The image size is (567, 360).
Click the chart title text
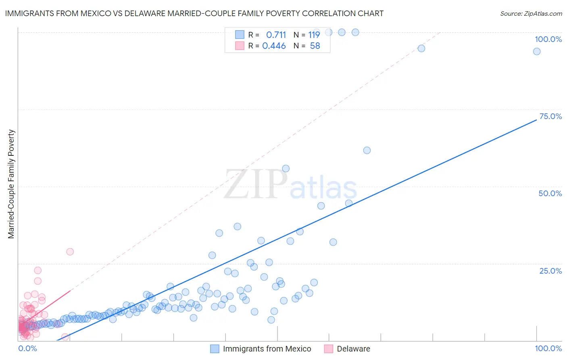click(x=194, y=13)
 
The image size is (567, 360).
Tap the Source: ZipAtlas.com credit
click(x=531, y=13)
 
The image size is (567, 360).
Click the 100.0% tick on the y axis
click(x=548, y=39)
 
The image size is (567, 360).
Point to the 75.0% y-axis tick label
click(x=550, y=116)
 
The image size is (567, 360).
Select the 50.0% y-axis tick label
click(x=550, y=193)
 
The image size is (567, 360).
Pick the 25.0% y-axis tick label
click(x=550, y=271)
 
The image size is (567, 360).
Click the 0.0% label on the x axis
click(x=27, y=348)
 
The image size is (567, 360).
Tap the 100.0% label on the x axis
click(x=548, y=348)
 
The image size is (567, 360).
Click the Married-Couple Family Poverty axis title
click(x=11, y=184)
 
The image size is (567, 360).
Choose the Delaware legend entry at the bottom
click(x=353, y=349)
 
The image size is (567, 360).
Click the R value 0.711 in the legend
click(x=276, y=35)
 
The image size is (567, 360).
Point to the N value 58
click(x=315, y=46)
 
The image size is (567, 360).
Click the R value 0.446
click(x=274, y=46)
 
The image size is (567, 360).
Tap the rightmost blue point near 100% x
click(x=537, y=51)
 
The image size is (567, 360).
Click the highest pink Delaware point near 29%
click(x=70, y=252)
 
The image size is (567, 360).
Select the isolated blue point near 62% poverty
click(x=367, y=151)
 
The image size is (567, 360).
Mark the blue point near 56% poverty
click(x=286, y=169)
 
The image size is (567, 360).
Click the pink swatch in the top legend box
click(x=240, y=46)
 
